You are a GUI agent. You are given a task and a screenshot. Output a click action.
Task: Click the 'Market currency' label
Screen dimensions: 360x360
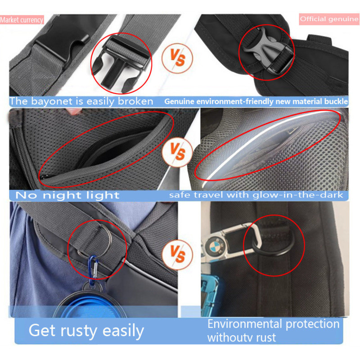coord(22,20)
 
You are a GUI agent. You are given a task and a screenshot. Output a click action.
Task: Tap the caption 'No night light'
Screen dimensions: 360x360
coord(67,195)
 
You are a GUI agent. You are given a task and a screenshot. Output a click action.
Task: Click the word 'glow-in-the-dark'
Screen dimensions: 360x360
coord(306,195)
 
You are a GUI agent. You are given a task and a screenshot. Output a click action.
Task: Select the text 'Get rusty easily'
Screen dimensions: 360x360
coord(86,331)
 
